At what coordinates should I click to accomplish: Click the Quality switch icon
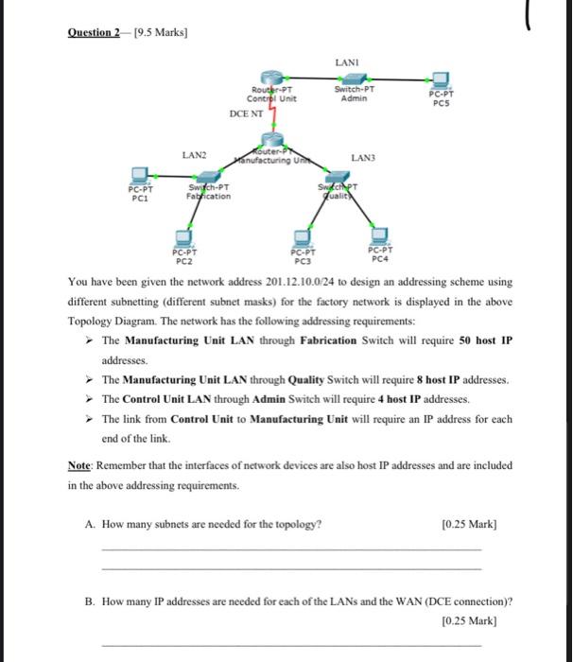coord(335,180)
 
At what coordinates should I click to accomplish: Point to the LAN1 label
coord(346,61)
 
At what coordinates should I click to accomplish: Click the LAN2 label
coord(196,153)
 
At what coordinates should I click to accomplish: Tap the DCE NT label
coord(248,113)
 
